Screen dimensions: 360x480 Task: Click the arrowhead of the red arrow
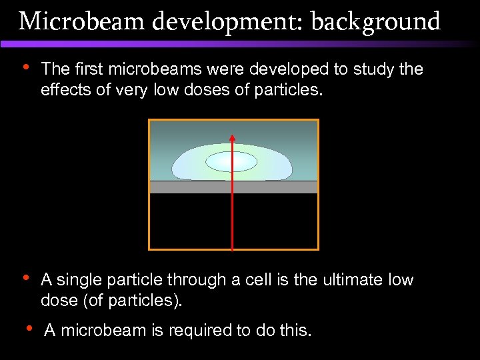233,138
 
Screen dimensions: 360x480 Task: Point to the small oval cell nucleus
231,161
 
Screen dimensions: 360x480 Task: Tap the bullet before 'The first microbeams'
25,67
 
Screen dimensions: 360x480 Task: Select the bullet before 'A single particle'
25,278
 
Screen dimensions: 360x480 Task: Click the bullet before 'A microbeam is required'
29,327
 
